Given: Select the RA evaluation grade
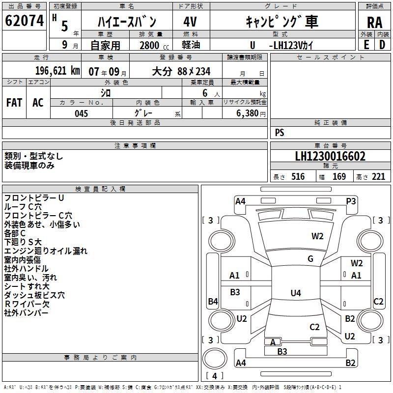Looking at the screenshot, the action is point(374,22).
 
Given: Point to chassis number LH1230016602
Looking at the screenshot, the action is point(330,157).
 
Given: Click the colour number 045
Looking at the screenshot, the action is point(81,113).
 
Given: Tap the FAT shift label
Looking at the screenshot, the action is point(14,103).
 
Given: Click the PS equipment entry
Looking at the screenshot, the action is point(280,133).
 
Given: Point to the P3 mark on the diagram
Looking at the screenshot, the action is point(351,201).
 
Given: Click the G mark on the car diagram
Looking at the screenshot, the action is point(310,259).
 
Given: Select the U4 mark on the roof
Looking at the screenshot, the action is point(295,293).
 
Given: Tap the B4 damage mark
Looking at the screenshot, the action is point(213,302).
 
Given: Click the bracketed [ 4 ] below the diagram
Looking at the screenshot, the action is point(214,376).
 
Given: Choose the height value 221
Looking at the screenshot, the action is point(378,177).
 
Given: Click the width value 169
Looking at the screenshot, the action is point(339,177).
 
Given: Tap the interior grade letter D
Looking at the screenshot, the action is point(382,45).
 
